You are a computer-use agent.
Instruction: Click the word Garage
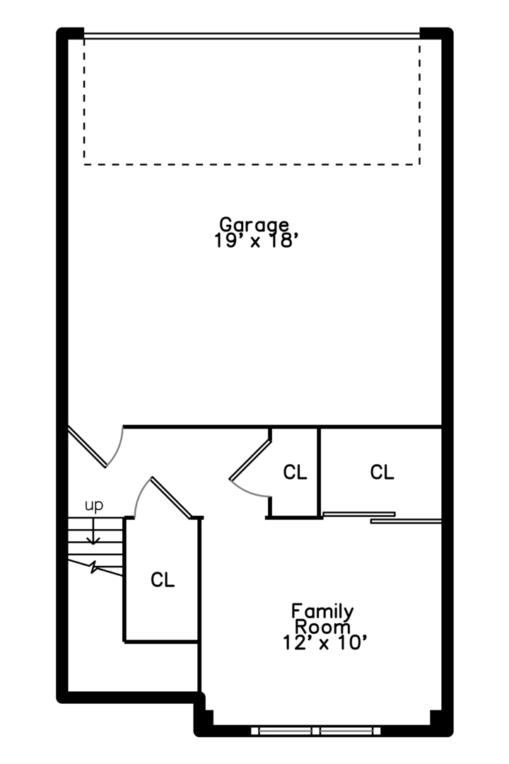click(x=254, y=224)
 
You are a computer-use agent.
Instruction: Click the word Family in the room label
click(x=322, y=610)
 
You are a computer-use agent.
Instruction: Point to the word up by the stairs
click(x=93, y=506)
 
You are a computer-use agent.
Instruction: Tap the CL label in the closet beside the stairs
click(x=163, y=580)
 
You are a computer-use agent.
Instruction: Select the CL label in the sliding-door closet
click(x=382, y=472)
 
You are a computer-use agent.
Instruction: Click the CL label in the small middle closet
click(x=295, y=473)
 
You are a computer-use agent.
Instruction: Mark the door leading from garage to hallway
click(x=88, y=446)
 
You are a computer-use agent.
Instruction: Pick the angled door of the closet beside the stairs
click(x=172, y=497)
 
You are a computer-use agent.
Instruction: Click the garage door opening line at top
click(x=252, y=35)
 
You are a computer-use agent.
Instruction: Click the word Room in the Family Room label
click(x=322, y=627)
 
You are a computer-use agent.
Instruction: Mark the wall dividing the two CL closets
click(x=319, y=472)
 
